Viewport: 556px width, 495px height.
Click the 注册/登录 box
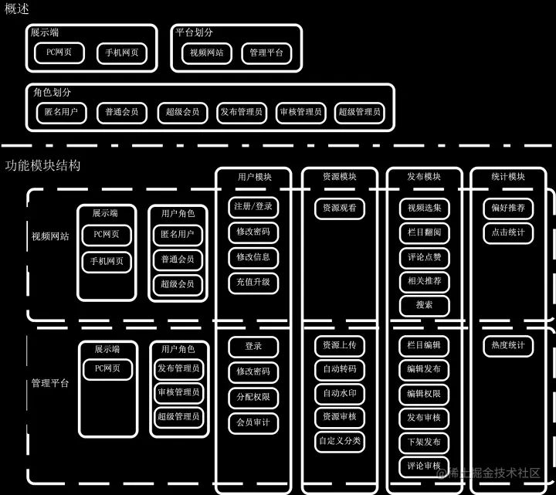pyautogui.click(x=253, y=208)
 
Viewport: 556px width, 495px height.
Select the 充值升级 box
pyautogui.click(x=253, y=282)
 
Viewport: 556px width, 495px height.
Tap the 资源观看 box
pyautogui.click(x=340, y=208)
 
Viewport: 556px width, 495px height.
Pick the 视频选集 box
pyautogui.click(x=424, y=208)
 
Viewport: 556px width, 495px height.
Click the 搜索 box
pyautogui.click(x=424, y=305)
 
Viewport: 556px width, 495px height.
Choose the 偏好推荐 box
pyautogui.click(x=508, y=208)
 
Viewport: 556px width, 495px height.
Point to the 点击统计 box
pyautogui.click(x=508, y=232)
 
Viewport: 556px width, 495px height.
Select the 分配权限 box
pyautogui.click(x=253, y=396)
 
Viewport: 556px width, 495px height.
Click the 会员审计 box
pyautogui.click(x=253, y=422)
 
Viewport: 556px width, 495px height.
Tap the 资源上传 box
pyautogui.click(x=340, y=345)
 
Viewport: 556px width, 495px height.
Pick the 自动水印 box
pyautogui.click(x=340, y=393)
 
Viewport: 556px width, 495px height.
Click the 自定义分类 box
pyautogui.click(x=340, y=441)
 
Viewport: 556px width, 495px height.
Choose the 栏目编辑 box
pyautogui.click(x=424, y=345)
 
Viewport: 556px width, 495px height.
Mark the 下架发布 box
pyautogui.click(x=424, y=442)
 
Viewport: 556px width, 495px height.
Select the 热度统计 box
pyautogui.click(x=508, y=345)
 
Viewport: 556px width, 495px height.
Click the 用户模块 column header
pyautogui.click(x=254, y=177)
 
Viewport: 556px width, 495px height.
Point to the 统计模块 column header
pyautogui.click(x=508, y=177)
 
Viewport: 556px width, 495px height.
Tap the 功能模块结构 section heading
pyautogui.click(x=42, y=165)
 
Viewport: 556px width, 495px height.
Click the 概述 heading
pyautogui.click(x=17, y=8)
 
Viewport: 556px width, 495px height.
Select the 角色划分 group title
pyautogui.click(x=52, y=92)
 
